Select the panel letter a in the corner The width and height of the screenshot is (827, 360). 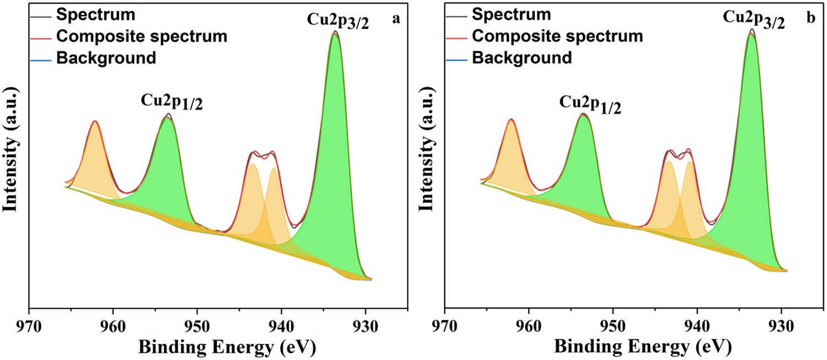tap(395, 18)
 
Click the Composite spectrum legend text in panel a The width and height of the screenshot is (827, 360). tap(141, 36)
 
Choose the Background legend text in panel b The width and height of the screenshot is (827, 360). tap(522, 57)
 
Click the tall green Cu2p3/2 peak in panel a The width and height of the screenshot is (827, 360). tap(335, 138)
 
